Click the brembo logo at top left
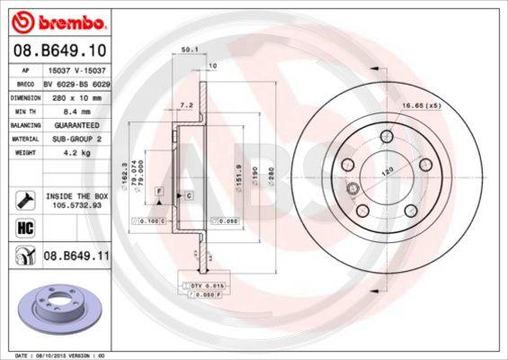click(x=56, y=19)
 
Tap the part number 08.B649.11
click(x=76, y=256)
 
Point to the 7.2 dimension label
click(x=187, y=105)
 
